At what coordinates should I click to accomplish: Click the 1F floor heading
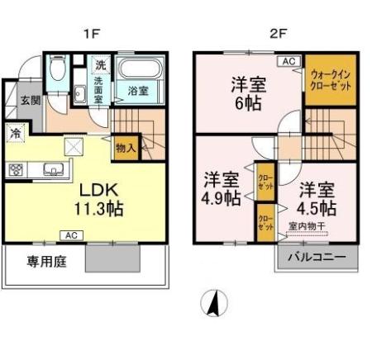[x=88, y=34]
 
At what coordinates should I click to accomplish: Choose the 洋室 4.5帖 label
[x=317, y=196]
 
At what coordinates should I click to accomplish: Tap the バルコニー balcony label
[x=317, y=256]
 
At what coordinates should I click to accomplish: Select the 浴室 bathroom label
[x=138, y=90]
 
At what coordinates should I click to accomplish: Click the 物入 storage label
[x=126, y=149]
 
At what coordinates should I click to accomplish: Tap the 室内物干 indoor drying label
[x=308, y=226]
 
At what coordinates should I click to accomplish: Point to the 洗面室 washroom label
[x=98, y=88]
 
